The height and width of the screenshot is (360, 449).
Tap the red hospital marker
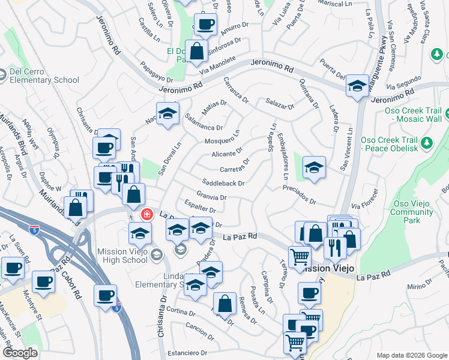pyautogui.click(x=146, y=214)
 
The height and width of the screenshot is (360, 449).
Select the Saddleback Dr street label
pyautogui.click(x=223, y=183)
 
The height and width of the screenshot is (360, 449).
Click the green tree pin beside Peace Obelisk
pyautogui.click(x=427, y=143)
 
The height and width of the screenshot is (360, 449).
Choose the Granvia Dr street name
pyautogui.click(x=211, y=197)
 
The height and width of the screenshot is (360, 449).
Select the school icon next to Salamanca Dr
pyautogui.click(x=167, y=114)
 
